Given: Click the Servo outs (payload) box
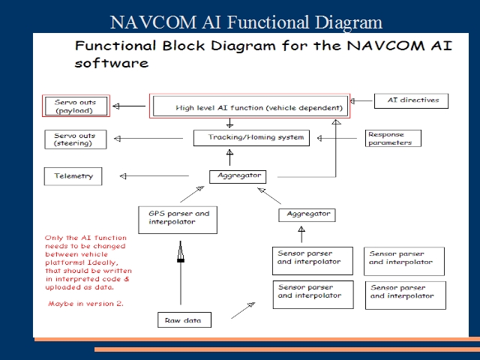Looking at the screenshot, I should [75, 106].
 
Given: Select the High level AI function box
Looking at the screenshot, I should [250, 106].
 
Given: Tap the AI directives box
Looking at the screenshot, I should [411, 100].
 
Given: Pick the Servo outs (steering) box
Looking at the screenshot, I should [75, 139].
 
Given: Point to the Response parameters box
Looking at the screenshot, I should [393, 139].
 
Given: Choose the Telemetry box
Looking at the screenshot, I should [73, 176].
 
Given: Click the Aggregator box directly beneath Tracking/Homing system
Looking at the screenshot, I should [238, 176].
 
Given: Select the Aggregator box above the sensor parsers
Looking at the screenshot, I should [307, 214].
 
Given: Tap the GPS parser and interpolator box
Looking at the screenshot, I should [177, 217].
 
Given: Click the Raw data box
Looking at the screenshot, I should [184, 320].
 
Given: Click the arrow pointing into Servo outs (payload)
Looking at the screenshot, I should [129, 106].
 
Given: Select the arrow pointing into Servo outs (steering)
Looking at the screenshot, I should [150, 139].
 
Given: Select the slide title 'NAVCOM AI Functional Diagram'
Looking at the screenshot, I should [246, 22].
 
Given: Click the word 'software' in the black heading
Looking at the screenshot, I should [111, 64].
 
